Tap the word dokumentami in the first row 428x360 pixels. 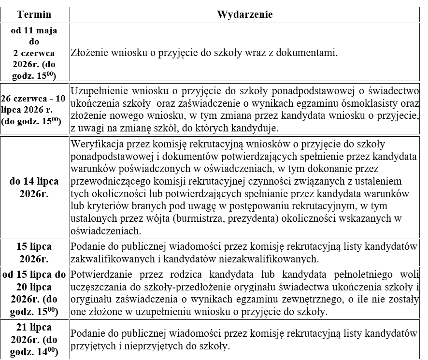point(314,52)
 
